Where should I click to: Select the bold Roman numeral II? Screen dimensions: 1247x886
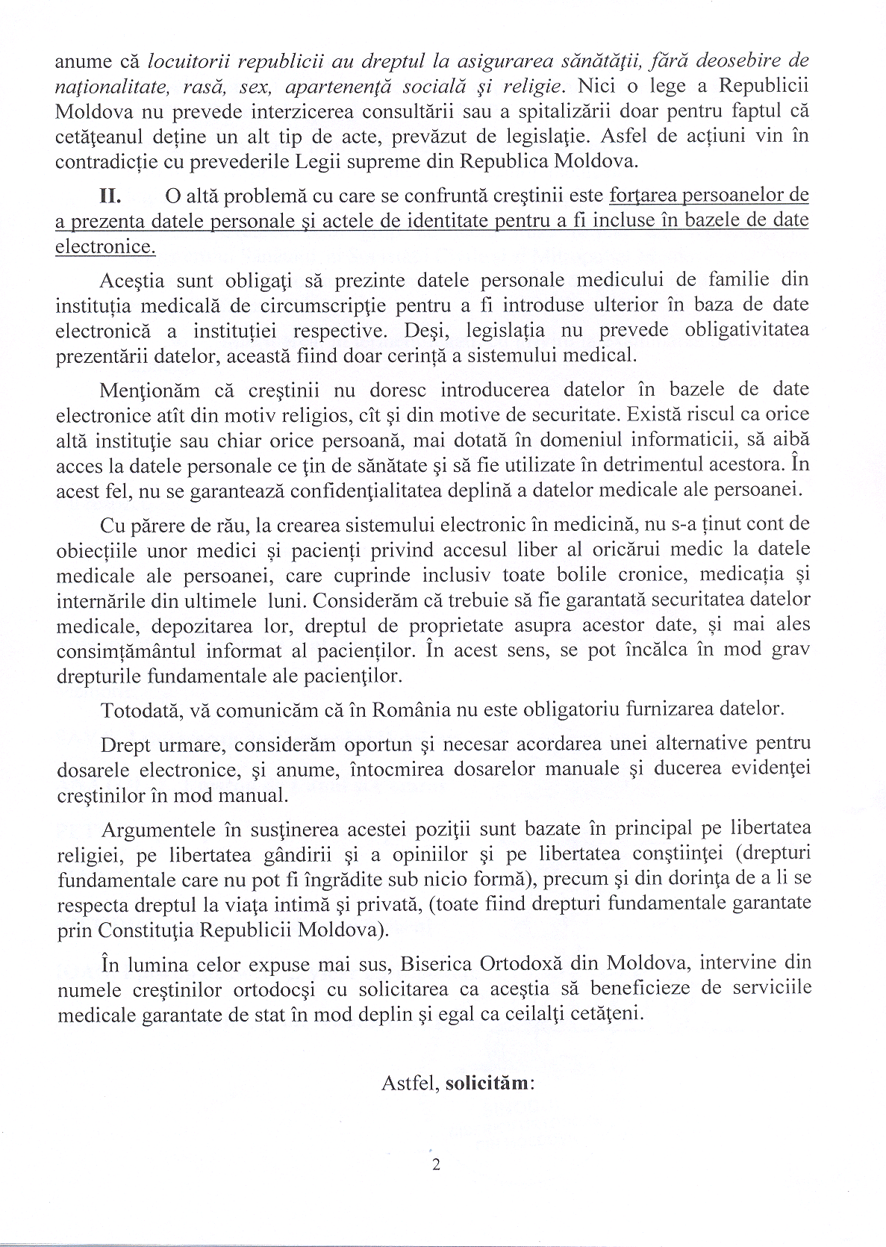tap(111, 196)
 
